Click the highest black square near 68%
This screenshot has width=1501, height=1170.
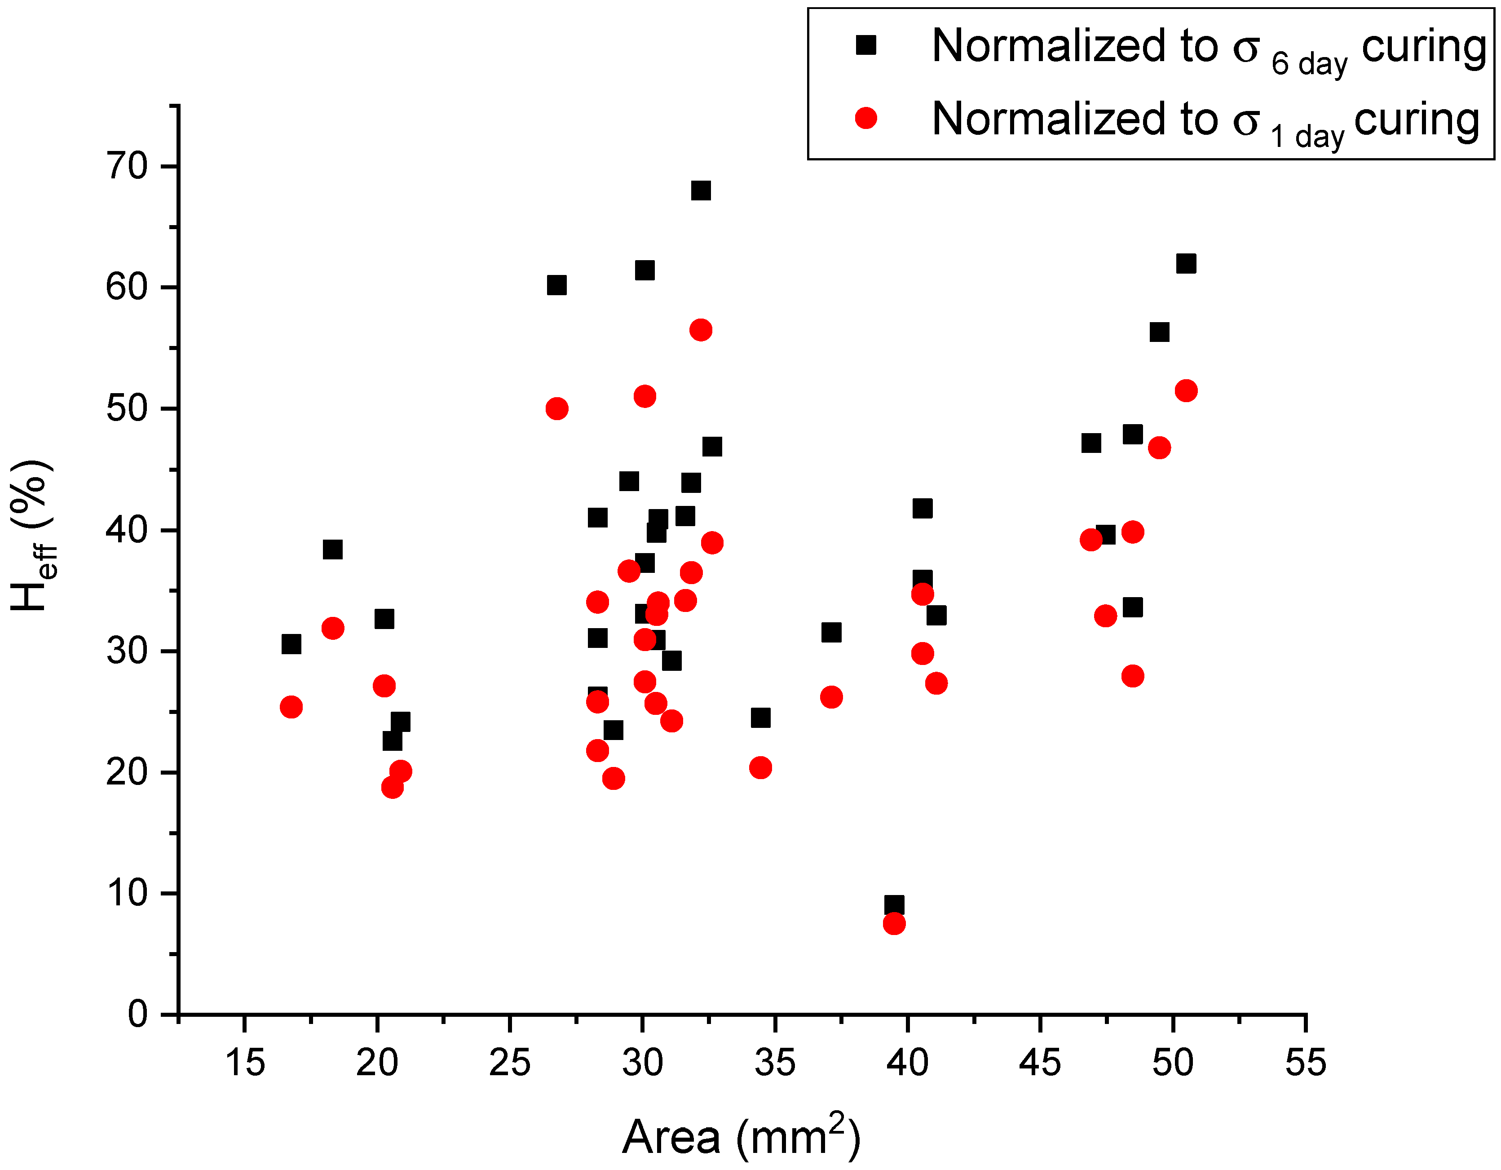pos(700,191)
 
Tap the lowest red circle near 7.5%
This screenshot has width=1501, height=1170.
pos(893,923)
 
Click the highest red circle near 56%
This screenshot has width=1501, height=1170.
pos(700,330)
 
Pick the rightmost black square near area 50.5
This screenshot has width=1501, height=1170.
pos(1186,263)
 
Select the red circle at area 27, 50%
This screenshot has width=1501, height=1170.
pos(556,409)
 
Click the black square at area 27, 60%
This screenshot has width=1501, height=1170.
pos(556,284)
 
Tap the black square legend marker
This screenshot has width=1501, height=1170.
pos(865,45)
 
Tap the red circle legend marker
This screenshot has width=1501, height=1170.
pos(865,118)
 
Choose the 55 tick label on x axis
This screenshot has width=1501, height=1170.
pos(1304,1062)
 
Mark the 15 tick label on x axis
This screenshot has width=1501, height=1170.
pos(245,1062)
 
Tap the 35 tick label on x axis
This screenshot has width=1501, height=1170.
pos(775,1062)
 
